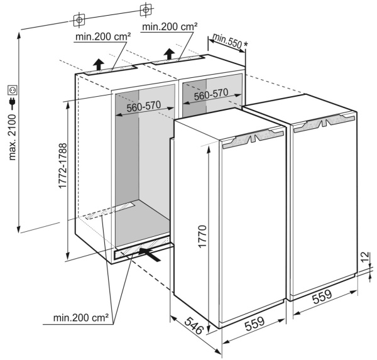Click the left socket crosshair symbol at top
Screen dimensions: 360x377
[79, 20]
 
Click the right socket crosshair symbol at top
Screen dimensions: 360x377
[145, 9]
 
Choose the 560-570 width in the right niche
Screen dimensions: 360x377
[210, 94]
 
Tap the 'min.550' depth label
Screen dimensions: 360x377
[226, 40]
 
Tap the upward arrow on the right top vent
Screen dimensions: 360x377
[169, 52]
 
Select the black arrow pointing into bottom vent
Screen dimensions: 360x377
[151, 254]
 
